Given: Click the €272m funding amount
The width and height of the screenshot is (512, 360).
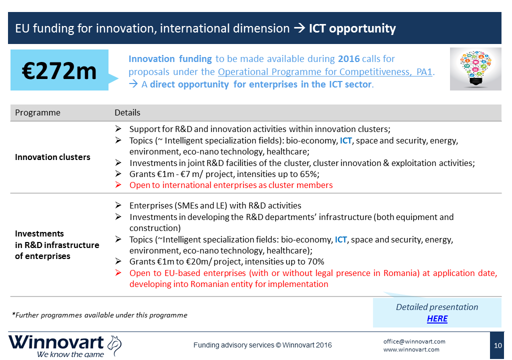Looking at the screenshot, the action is [59, 71].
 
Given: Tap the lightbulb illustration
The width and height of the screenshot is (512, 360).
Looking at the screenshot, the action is [475, 69].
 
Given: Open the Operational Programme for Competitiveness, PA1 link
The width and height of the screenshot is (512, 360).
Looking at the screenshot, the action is [325, 72].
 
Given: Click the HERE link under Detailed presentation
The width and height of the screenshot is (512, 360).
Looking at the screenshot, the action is [437, 318].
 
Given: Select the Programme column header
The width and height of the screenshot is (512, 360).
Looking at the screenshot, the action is [37, 112].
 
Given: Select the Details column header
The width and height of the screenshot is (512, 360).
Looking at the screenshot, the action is [127, 112].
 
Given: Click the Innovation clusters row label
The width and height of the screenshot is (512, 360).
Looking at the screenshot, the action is [52, 157].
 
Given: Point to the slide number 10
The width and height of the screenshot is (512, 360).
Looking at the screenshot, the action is [497, 345].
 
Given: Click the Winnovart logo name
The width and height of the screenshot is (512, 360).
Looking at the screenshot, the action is [56, 342].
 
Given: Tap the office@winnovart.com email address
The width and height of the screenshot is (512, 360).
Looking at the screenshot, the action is [414, 341].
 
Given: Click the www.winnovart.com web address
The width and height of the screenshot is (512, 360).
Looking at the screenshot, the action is [411, 349].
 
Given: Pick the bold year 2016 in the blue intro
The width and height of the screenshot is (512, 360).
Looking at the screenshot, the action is [348, 59].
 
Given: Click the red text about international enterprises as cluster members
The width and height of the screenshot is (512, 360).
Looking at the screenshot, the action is [231, 185].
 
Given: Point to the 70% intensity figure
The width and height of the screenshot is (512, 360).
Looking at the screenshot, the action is [315, 261].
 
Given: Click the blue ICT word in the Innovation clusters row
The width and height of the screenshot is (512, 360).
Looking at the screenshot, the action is [346, 141].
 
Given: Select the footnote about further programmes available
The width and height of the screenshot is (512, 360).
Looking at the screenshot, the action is [99, 315].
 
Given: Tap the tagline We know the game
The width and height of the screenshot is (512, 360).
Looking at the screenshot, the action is [70, 354].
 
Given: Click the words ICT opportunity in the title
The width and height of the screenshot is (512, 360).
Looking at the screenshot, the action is [352, 28].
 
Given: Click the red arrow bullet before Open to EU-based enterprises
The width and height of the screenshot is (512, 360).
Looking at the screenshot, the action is [118, 273].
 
